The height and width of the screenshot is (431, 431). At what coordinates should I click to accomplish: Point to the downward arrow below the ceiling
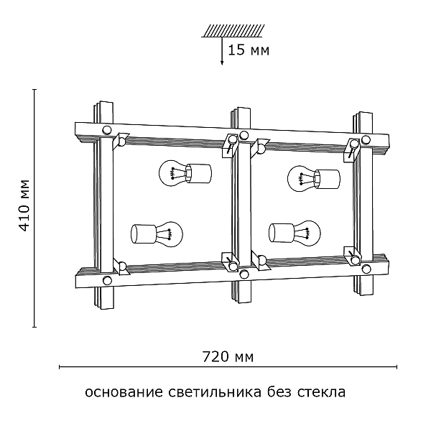coord(222,53)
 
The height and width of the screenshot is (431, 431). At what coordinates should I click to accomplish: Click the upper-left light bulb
coord(183,174)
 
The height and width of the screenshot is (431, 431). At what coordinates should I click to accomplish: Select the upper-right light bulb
coord(312,176)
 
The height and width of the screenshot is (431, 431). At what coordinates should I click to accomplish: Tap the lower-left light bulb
coord(157,233)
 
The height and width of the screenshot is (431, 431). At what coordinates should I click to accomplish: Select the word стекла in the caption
coord(323,393)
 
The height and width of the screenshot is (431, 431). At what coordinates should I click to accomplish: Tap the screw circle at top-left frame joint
coord(107,131)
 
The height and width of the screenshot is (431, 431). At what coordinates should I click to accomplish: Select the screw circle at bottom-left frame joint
coord(107,280)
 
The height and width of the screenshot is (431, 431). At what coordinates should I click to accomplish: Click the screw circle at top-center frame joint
coord(244,134)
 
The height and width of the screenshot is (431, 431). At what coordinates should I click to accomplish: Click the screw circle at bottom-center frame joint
coord(244,274)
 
